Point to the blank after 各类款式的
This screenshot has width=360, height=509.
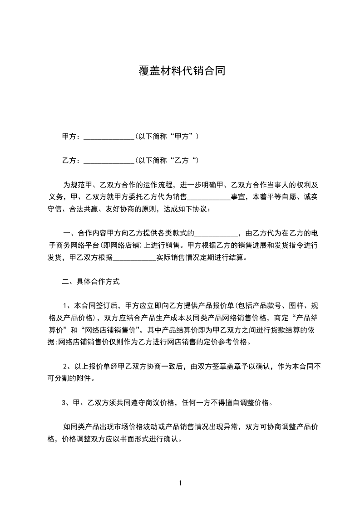(x=216, y=234)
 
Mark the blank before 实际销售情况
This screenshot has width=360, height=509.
(x=134, y=259)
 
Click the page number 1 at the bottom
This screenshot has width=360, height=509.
(x=180, y=484)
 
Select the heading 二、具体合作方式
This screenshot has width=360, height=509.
(x=91, y=282)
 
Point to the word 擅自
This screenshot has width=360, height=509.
(x=226, y=402)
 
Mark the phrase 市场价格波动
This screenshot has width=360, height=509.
(x=125, y=427)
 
